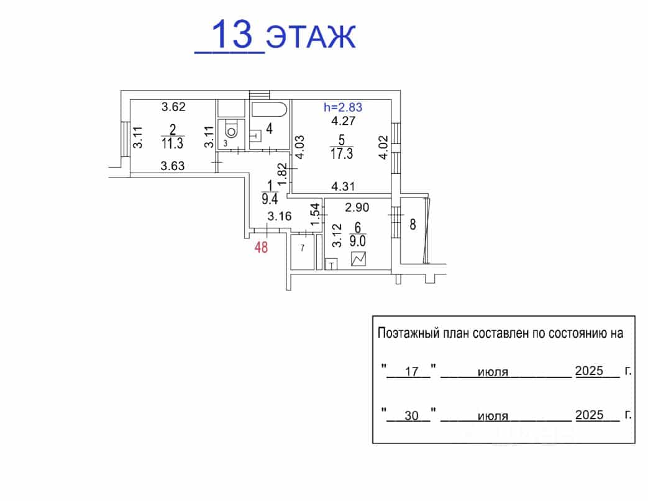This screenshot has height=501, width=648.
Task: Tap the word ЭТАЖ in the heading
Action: coord(311,37)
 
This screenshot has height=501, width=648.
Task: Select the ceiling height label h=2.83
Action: coord(343,107)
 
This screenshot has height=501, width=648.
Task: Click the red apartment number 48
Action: coord(261,248)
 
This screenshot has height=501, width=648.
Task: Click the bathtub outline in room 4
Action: coord(268,110)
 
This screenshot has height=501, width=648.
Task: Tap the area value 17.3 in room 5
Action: coord(341,154)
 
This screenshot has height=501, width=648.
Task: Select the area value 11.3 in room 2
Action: coord(172,143)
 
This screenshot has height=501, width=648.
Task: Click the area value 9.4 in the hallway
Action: coord(270,199)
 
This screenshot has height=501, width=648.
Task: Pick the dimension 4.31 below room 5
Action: coord(343,187)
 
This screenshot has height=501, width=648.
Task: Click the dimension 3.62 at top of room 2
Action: coord(173,107)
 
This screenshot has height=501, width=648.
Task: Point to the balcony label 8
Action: coord(413,225)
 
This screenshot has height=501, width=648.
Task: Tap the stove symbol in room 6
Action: coord(358,259)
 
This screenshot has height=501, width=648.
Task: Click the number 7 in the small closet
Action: coord(303,248)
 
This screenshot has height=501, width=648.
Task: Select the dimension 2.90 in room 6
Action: coord(357,207)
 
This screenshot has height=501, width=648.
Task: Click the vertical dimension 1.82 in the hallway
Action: coord(282,174)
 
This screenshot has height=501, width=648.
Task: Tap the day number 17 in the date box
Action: coord(412,372)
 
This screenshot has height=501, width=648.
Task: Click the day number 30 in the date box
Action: coord(412,415)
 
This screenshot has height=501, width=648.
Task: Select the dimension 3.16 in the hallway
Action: coord(280,216)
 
